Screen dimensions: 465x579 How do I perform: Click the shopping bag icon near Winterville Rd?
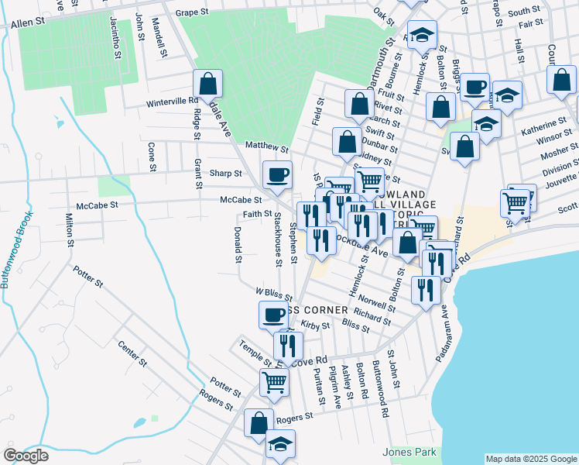pos(207,84)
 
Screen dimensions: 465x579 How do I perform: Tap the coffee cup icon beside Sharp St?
pos(277,174)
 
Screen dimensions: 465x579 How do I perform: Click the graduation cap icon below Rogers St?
pos(280,445)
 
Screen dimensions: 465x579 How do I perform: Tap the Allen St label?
pos(27,25)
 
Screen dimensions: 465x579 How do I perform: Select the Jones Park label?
pos(409,452)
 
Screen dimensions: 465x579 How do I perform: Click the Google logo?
pos(26,456)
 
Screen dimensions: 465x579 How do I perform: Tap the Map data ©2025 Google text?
pos(530,459)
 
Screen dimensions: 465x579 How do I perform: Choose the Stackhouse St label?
pos(276,240)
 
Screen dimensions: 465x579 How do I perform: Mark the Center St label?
pos(132,353)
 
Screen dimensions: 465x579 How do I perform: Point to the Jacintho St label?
pos(115,39)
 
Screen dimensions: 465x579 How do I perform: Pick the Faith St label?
pos(256,214)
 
